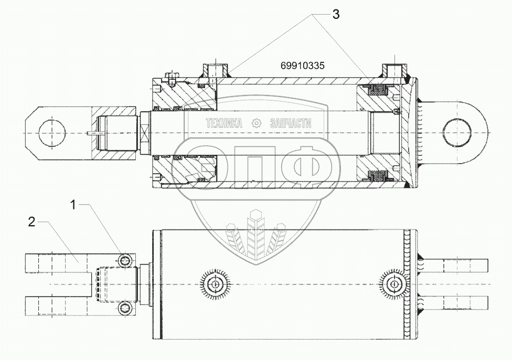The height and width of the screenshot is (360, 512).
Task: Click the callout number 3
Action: coord(335,14)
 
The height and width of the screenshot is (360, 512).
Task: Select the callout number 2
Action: coord(31,222)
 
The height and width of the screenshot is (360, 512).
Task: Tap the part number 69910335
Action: coord(303,66)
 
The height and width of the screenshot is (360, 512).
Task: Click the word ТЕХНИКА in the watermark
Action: coord(223,123)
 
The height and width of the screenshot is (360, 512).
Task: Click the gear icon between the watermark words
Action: coord(257,123)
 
